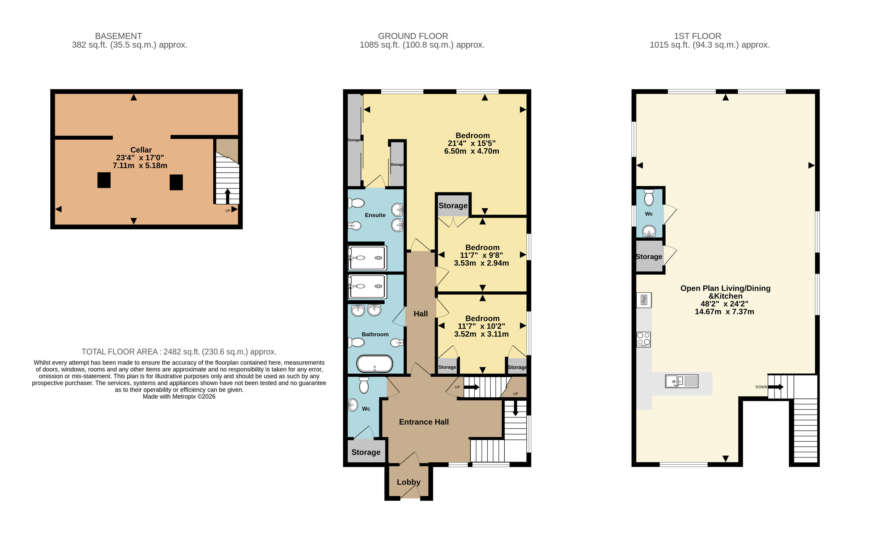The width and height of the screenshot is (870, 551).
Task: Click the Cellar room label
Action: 141,150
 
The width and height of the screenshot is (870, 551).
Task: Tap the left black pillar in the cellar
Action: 104,180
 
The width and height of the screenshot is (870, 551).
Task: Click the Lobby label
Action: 409,482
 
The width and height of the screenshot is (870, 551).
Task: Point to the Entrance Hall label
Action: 424,422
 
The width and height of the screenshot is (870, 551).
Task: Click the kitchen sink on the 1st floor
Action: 682,381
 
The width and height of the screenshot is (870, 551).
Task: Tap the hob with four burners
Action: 644,340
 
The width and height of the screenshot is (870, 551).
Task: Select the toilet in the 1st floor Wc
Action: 649,197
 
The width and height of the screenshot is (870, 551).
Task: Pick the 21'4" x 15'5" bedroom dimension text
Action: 472,143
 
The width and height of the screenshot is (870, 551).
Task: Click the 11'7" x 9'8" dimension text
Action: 481,255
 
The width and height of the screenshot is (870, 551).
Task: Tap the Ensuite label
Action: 375,215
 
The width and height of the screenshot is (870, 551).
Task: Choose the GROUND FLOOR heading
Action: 413,36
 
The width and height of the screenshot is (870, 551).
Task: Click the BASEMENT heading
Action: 119,36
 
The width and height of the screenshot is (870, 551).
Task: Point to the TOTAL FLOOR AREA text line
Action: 179,352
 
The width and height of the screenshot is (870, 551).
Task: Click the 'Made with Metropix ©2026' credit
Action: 179,396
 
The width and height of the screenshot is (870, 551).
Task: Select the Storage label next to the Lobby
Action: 366,452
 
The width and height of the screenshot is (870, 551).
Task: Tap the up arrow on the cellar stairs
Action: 228,196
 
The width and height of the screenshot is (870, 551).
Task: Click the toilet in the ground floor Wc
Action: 364,385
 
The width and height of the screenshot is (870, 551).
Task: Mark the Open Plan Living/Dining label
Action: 725,288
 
